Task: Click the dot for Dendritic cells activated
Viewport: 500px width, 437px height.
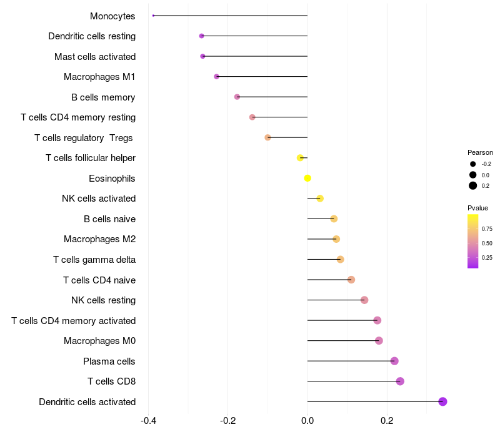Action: click(442, 401)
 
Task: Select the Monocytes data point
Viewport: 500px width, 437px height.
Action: click(153, 16)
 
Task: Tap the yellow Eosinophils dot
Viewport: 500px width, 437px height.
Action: click(307, 178)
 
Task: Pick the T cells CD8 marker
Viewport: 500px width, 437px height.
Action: click(400, 381)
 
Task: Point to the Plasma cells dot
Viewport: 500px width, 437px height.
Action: click(394, 361)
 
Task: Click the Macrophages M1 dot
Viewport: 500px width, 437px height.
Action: click(217, 76)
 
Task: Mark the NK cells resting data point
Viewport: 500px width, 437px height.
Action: click(364, 300)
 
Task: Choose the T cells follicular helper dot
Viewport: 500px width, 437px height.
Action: click(300, 158)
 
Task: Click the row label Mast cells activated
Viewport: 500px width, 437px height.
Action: click(95, 57)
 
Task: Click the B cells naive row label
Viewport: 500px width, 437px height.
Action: click(109, 219)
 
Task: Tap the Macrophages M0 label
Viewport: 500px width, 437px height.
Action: click(99, 341)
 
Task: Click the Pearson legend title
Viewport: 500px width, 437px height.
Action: click(480, 152)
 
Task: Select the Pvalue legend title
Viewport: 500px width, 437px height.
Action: click(477, 208)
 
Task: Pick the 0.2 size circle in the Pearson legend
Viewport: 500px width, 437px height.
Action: click(473, 185)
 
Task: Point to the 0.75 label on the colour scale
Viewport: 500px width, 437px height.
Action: click(487, 228)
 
